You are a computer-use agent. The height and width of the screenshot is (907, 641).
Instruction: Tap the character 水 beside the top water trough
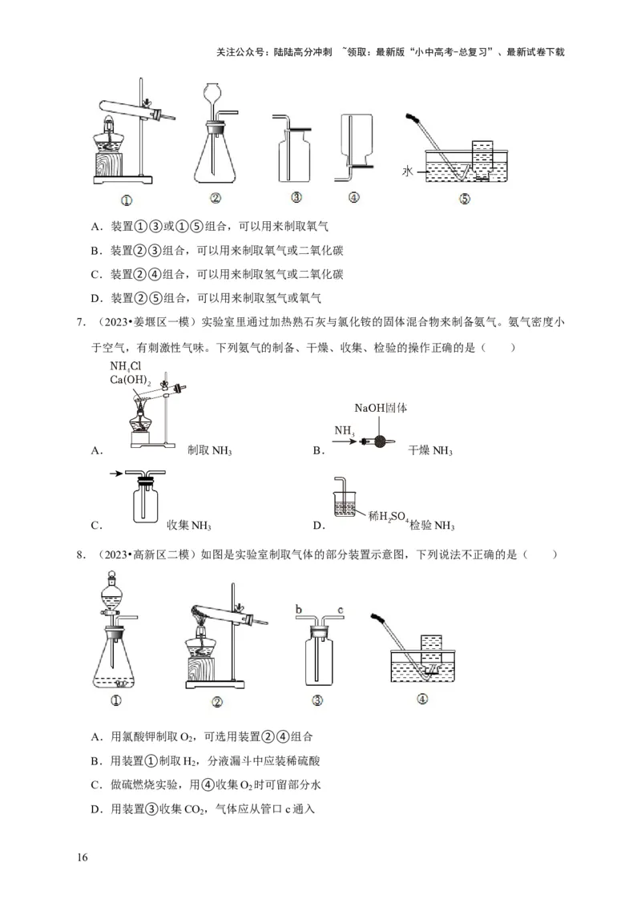tap(409, 171)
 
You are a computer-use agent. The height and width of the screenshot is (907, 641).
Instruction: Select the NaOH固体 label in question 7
tap(381, 408)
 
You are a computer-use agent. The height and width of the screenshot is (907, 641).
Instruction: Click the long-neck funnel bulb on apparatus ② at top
tap(213, 94)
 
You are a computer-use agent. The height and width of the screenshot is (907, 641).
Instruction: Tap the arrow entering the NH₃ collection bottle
tap(118, 474)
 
